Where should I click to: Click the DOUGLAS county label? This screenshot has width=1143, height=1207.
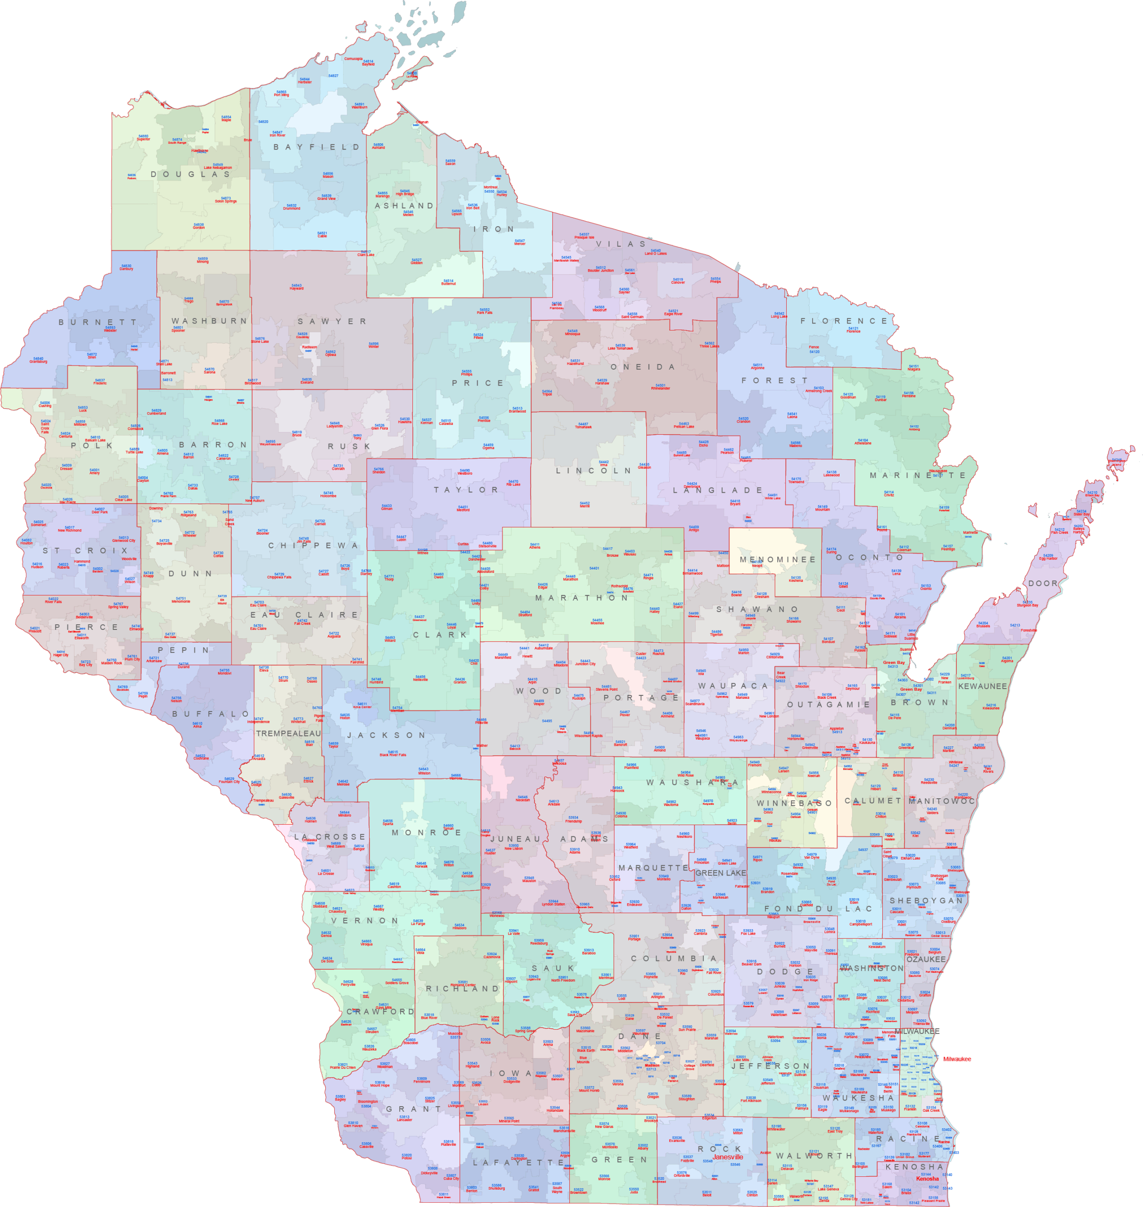(x=191, y=174)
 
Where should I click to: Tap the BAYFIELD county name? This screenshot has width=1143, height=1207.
(x=316, y=147)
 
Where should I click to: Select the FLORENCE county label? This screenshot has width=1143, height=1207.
(x=844, y=321)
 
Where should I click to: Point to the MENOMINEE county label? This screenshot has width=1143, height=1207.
(x=777, y=560)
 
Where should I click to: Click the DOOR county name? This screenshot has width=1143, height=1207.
(x=1043, y=583)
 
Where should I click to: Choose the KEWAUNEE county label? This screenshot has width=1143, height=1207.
(x=982, y=686)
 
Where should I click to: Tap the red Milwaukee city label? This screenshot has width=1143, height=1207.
(x=956, y=1059)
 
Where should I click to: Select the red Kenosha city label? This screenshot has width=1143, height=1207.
(x=927, y=1178)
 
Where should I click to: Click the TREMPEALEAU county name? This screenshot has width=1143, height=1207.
(x=288, y=733)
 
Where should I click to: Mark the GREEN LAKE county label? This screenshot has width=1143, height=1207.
(x=720, y=873)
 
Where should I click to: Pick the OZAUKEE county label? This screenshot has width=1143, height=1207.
(x=926, y=959)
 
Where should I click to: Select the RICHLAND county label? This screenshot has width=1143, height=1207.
(x=462, y=989)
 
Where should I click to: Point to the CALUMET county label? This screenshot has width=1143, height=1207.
(x=872, y=801)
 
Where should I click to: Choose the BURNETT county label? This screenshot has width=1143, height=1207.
(x=98, y=322)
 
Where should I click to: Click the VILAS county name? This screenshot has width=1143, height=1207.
(x=620, y=244)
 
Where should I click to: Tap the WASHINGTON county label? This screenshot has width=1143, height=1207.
(x=871, y=968)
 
